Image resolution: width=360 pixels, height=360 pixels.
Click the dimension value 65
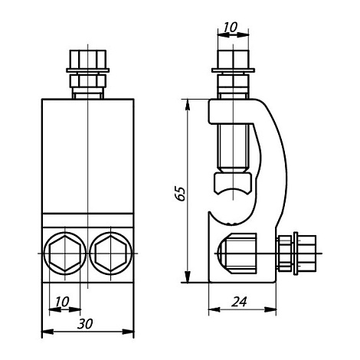(x=180, y=192)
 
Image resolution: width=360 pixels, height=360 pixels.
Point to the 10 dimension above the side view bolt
(x=229, y=28)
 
